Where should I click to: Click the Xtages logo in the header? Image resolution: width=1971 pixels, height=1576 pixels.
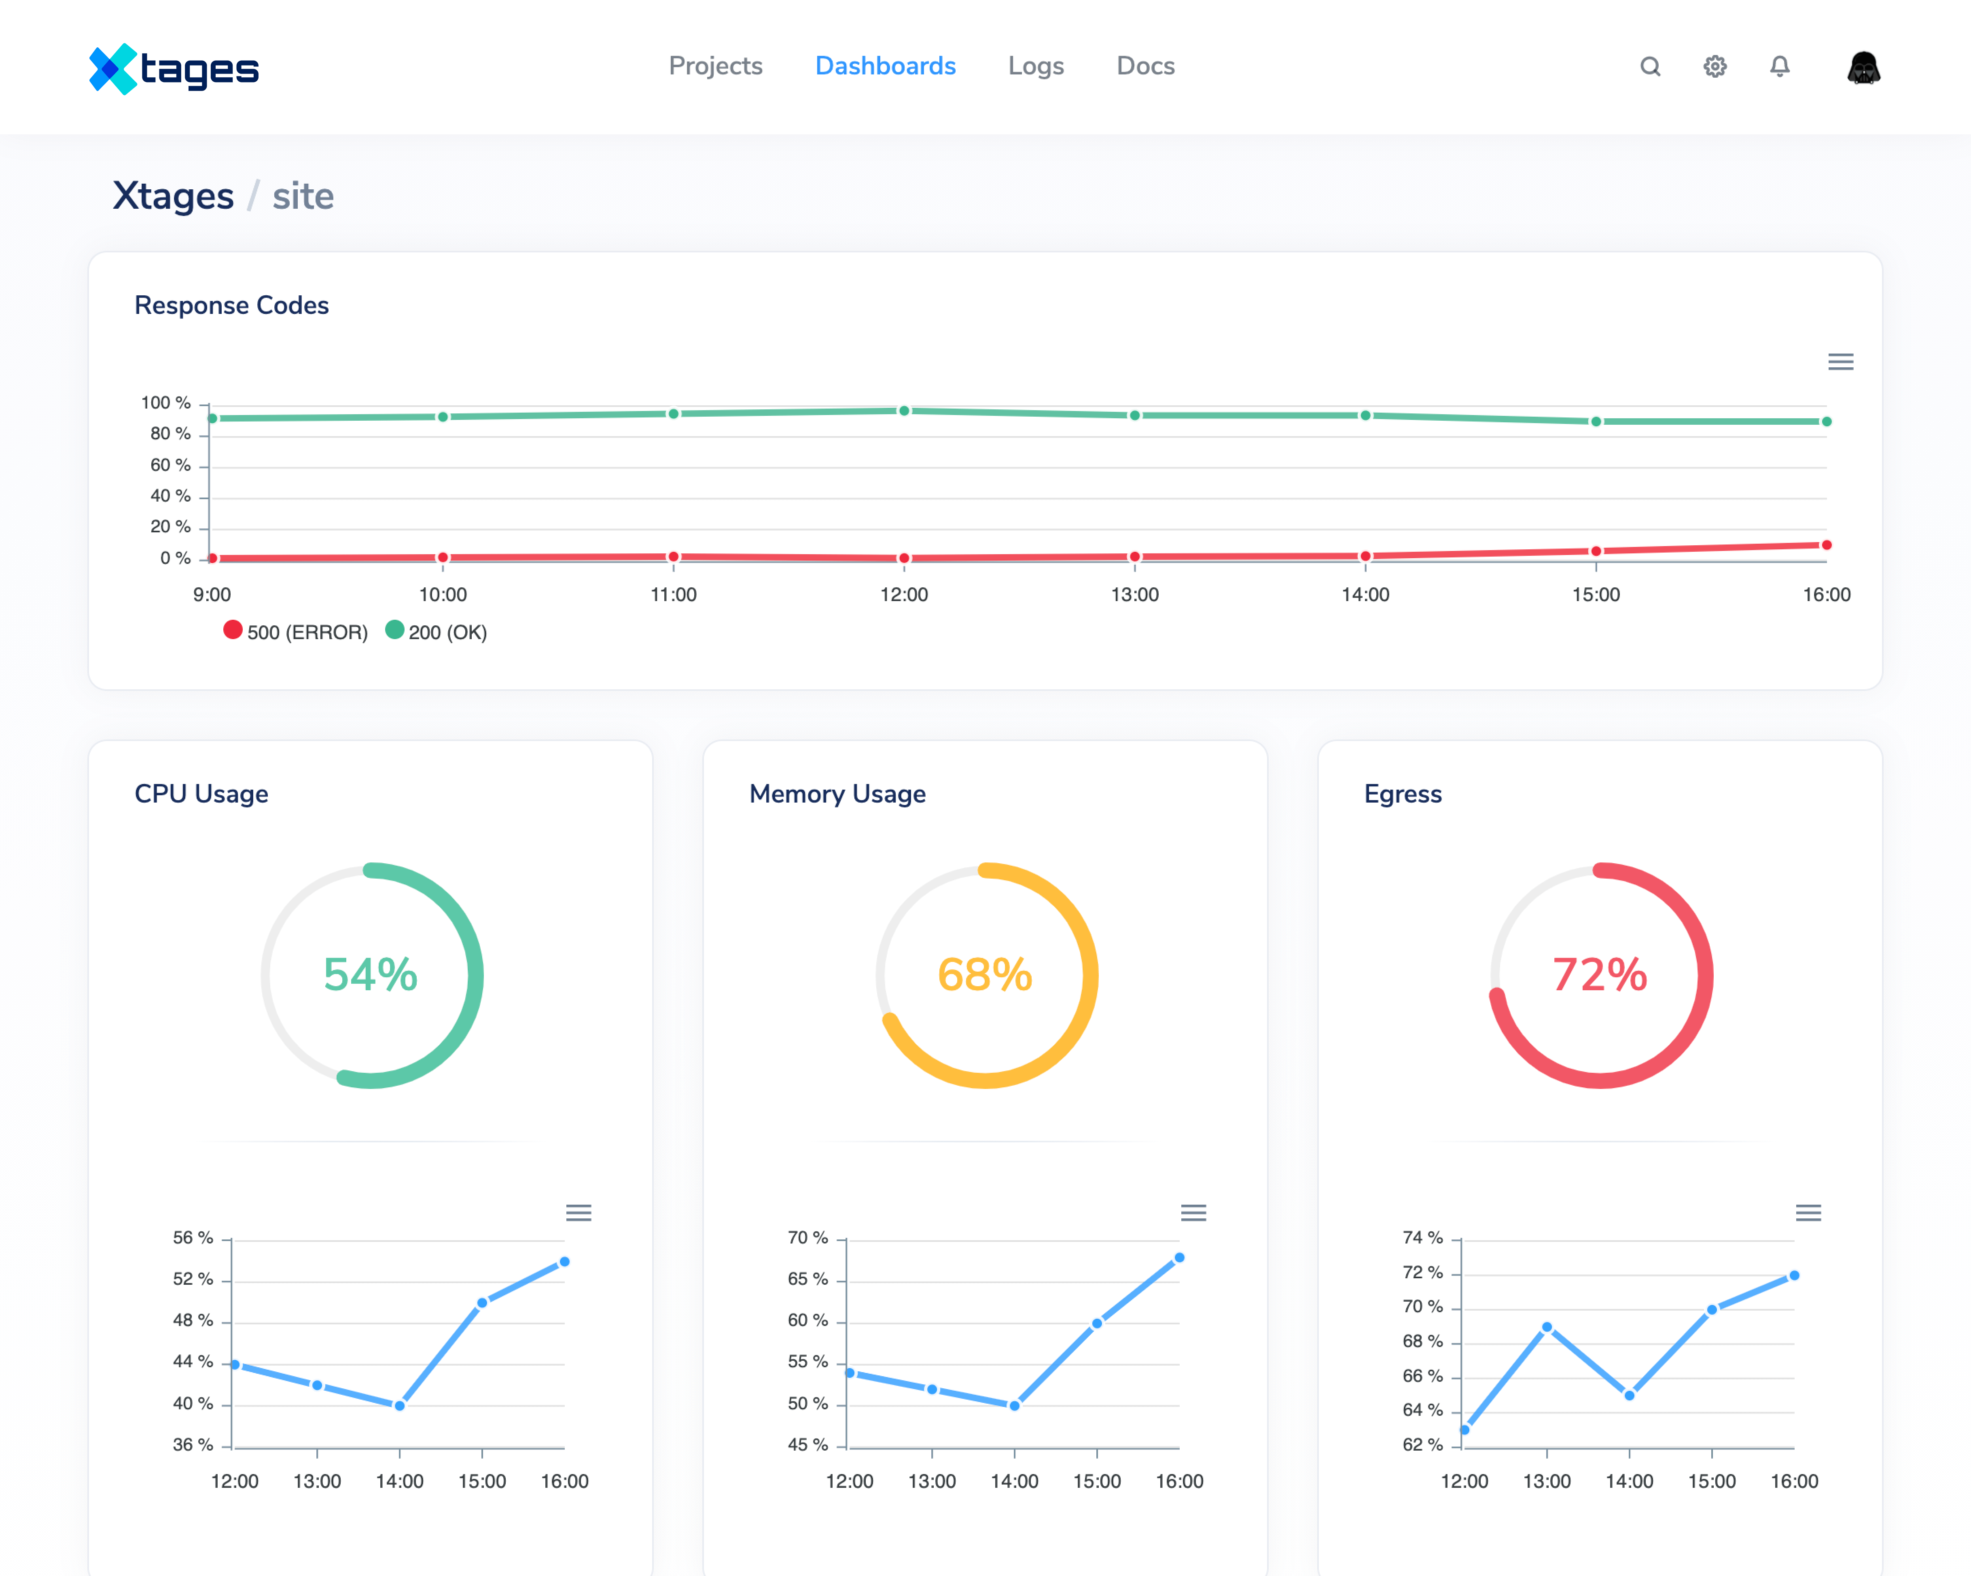(174, 68)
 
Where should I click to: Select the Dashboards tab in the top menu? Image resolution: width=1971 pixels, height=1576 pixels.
(885, 66)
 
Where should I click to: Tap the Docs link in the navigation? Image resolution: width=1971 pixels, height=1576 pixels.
(1145, 66)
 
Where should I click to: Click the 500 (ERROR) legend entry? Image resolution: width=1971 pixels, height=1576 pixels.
(295, 632)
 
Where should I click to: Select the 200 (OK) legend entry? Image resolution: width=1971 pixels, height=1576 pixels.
(436, 632)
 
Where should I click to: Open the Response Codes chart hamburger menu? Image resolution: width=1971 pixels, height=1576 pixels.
(1840, 362)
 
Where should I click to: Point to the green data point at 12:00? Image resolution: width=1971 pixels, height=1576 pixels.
(904, 411)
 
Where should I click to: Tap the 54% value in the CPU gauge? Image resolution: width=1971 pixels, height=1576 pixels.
(370, 974)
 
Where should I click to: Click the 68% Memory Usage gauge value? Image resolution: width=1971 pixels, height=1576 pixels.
(985, 974)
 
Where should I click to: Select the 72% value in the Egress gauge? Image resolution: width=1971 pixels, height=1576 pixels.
(1600, 974)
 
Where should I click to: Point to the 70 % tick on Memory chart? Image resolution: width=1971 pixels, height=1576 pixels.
(808, 1238)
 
